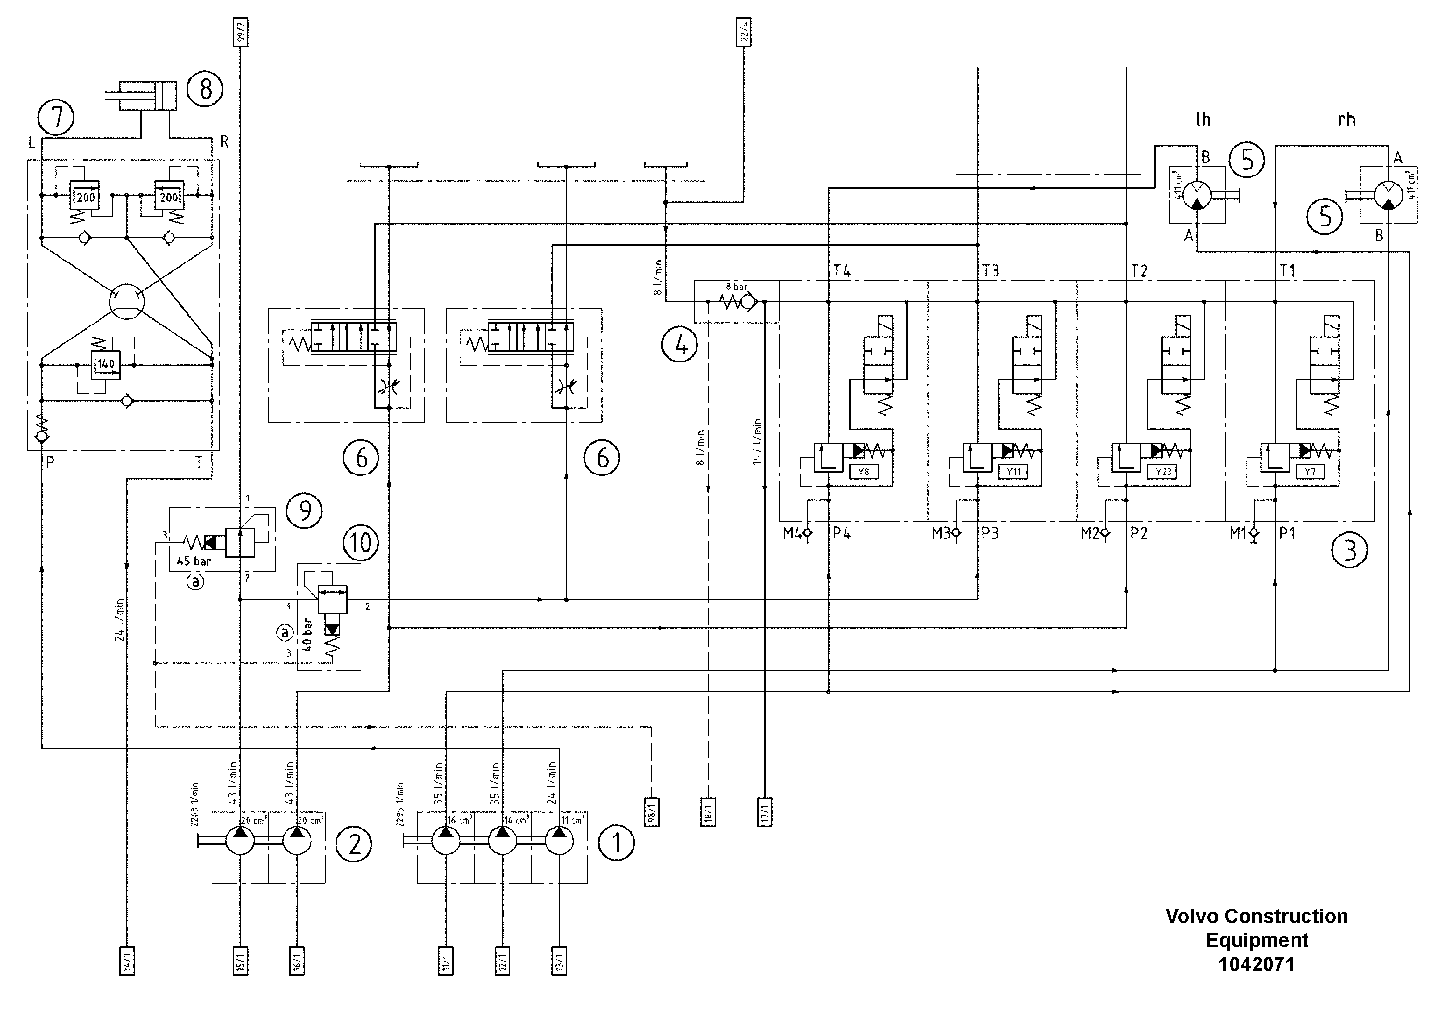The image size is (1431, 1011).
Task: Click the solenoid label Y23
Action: tap(1163, 472)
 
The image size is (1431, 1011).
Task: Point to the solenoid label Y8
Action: tap(863, 472)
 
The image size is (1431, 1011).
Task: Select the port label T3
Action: tap(990, 271)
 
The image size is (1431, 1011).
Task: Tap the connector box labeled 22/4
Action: tap(744, 32)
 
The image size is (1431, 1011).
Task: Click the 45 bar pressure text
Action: tap(194, 561)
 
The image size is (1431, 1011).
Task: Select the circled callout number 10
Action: tap(360, 542)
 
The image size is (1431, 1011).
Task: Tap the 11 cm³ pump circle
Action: tap(559, 841)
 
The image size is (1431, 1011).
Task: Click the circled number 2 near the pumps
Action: tap(353, 845)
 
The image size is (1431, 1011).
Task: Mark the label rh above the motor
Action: tap(1346, 120)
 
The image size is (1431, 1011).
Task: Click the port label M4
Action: tap(792, 533)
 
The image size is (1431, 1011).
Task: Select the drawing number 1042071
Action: tap(1256, 964)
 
